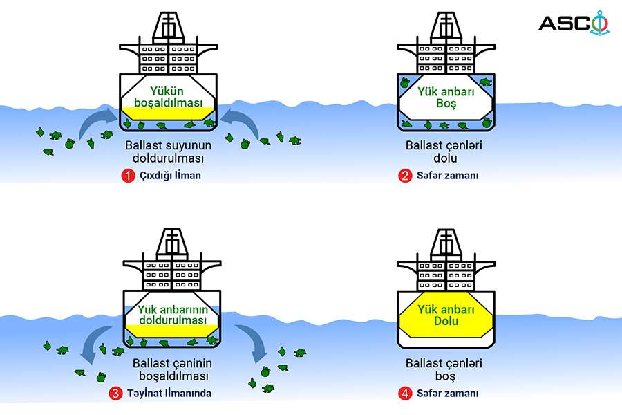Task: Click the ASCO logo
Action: pos(574,23)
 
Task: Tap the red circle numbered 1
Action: pos(128,176)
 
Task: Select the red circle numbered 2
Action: pos(405,176)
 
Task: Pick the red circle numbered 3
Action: pos(115,394)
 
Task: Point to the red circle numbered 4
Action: pos(405,394)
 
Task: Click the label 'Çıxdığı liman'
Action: pos(170,176)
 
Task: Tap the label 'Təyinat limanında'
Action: pos(169,394)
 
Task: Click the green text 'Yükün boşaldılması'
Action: pos(168,97)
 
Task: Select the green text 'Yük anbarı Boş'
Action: pos(446,98)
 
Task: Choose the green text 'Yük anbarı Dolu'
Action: pos(446,315)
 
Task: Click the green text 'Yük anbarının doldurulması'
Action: pos(173,315)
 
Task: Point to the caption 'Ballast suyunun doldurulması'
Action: pos(168,151)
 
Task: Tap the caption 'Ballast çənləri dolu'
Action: pos(444,151)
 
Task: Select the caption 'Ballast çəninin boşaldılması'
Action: pos(173,369)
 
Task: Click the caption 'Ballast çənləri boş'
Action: pos(444,369)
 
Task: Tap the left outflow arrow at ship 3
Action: pos(95,342)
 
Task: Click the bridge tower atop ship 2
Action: pos(446,26)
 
